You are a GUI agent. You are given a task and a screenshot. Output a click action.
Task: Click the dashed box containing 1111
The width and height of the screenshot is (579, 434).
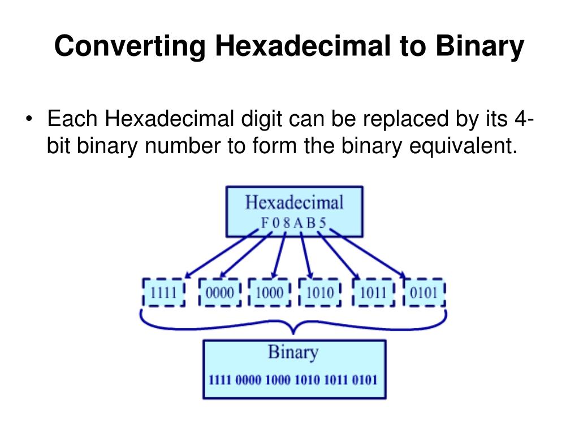[163, 293]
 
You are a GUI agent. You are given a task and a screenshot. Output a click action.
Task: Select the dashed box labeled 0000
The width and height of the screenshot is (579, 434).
[220, 293]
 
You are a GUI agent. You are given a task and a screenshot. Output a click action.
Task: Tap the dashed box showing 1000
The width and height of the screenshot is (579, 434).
[270, 293]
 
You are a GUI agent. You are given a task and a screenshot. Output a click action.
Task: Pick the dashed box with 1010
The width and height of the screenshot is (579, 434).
[319, 293]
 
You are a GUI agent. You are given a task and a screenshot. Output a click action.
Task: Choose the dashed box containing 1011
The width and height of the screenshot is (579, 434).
[373, 293]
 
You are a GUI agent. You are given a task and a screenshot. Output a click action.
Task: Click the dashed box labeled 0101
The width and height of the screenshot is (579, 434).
[424, 293]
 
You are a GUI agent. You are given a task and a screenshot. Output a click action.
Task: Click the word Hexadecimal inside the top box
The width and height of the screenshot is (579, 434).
[294, 202]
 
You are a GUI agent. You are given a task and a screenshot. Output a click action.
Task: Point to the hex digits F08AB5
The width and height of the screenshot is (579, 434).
[293, 222]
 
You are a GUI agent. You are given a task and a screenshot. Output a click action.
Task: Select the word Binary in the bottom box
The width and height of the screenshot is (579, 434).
[293, 353]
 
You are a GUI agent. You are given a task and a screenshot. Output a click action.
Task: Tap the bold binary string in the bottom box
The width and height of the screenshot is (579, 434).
[293, 379]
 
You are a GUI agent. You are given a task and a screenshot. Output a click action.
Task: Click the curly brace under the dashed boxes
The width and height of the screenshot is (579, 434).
[293, 324]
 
